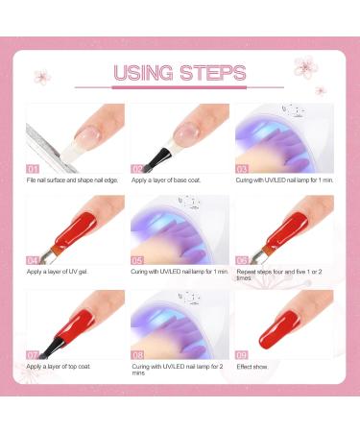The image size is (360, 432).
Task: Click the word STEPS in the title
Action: [212, 73]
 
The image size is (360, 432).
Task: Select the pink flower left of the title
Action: [41, 77]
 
